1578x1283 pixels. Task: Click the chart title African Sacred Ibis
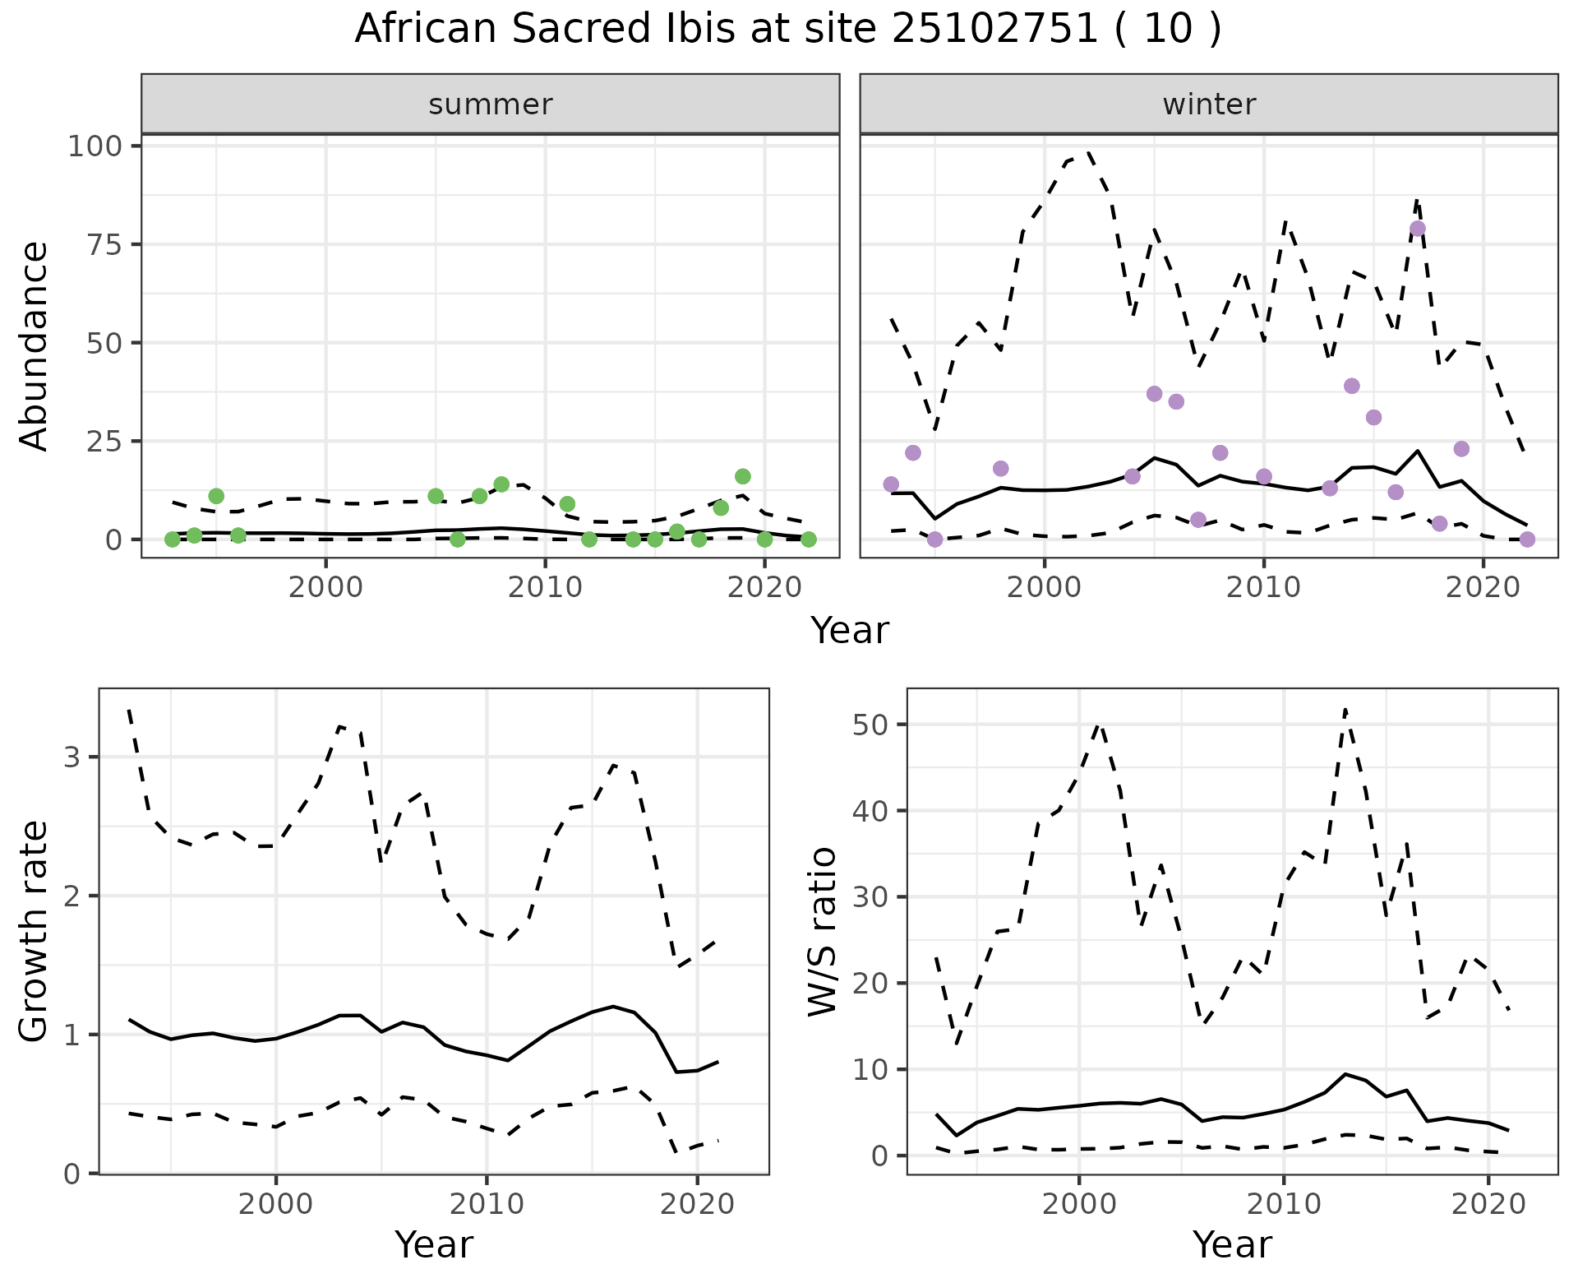787,30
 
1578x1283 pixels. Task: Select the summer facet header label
491,104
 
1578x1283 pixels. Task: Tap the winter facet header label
1209,104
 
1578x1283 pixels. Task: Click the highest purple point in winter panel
1417,229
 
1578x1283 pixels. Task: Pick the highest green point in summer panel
743,476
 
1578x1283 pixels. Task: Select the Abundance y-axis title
35,345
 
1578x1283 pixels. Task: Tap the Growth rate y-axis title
35,931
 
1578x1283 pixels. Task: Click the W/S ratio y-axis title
822,931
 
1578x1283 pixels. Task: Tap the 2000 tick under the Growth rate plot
275,1204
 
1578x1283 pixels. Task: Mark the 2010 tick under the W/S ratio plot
1283,1204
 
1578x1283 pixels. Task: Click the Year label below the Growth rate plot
434,1244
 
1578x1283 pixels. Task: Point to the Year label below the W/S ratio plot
1232,1244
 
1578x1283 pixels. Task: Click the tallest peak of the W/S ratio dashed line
1345,709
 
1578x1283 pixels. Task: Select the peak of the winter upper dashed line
1088,152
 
